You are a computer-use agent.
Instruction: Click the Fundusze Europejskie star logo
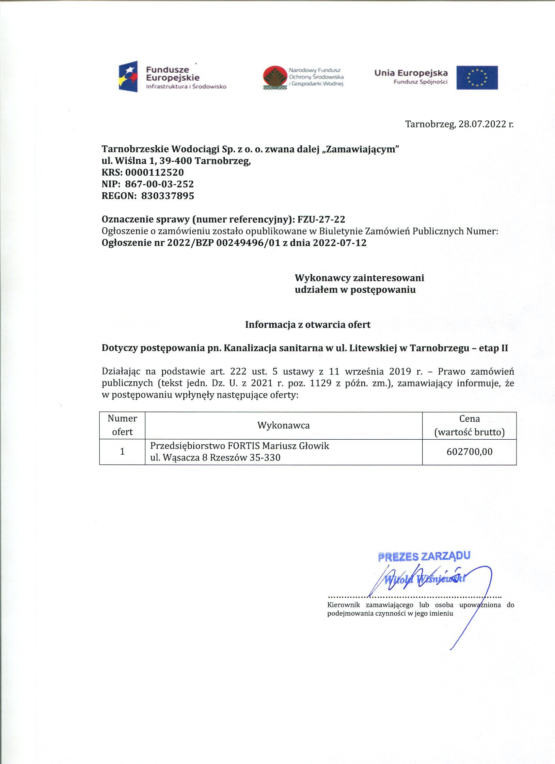coord(128,76)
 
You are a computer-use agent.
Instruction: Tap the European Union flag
coord(477,77)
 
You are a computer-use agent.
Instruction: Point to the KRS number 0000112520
coord(154,172)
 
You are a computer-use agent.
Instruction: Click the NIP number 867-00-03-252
coord(159,184)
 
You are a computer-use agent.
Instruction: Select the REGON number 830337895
coord(168,196)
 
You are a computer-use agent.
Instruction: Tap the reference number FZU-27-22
coord(321,219)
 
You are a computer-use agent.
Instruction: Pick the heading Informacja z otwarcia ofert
coord(308,325)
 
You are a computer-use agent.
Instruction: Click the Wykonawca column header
coord(284,426)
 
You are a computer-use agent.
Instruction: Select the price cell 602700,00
coord(469,452)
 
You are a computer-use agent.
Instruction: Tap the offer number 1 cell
coord(122,452)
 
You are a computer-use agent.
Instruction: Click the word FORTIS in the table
coord(244,446)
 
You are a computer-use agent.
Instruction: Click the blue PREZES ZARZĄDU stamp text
coord(424,556)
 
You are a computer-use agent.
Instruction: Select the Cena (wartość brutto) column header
coord(469,426)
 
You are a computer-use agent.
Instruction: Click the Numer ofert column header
coord(122,426)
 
